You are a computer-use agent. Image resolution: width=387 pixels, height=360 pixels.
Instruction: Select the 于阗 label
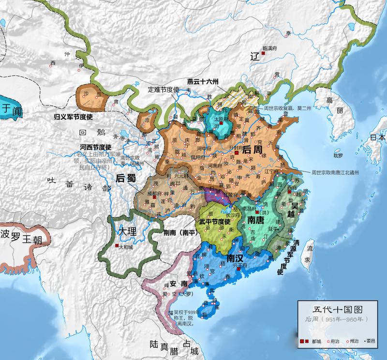click(11, 109)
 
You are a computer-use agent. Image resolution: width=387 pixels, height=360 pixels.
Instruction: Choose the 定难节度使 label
click(164, 90)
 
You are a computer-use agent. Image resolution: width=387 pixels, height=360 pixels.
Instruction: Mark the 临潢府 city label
click(271, 48)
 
